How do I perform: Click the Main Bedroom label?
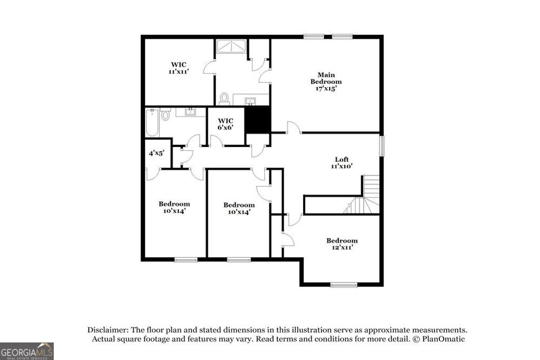(325, 82)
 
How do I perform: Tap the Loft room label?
(342, 162)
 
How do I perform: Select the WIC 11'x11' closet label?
(178, 68)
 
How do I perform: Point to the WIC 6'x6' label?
(226, 123)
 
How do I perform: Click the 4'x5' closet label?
(156, 153)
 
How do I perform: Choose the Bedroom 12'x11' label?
(342, 244)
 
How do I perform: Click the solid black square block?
(258, 120)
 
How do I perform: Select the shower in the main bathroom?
(230, 46)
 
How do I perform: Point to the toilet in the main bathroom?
(224, 99)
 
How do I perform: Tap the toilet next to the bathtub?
(166, 114)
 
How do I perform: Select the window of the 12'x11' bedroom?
(341, 285)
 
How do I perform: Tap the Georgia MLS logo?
(27, 351)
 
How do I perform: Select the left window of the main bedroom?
(313, 36)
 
